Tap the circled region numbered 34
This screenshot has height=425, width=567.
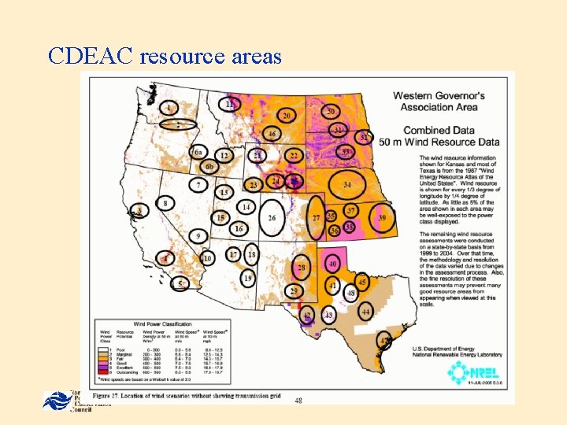(x=347, y=185)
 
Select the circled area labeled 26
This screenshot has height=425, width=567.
(x=272, y=217)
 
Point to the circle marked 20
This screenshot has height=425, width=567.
(x=287, y=116)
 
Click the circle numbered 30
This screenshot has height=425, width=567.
(x=331, y=112)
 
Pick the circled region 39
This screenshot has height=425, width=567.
(x=383, y=216)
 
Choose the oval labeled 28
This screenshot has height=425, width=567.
(x=302, y=268)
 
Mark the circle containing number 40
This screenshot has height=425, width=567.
(x=333, y=264)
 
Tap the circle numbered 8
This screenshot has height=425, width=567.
(x=165, y=204)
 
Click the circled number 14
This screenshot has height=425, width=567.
(x=246, y=207)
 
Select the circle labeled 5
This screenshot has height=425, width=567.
(x=181, y=283)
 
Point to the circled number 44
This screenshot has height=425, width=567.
(x=366, y=312)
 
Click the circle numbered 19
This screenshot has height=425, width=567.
(x=248, y=279)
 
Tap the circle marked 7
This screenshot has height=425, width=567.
(x=201, y=185)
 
